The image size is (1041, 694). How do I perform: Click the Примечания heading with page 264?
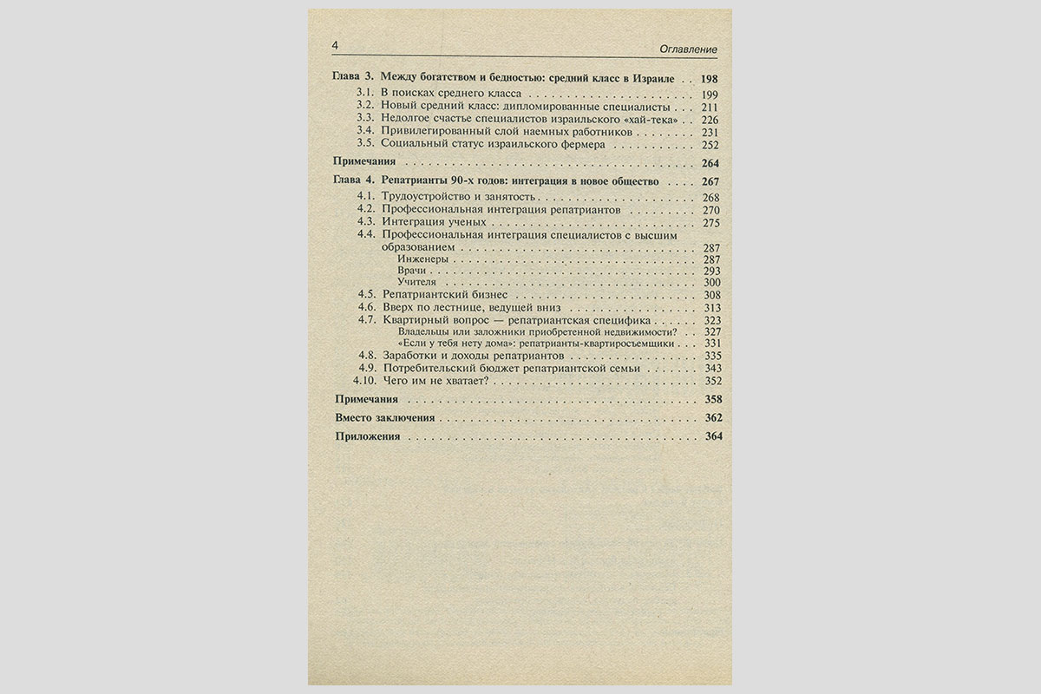point(365,162)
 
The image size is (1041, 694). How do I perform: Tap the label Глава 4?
point(354,181)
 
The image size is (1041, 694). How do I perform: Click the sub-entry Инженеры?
point(422,259)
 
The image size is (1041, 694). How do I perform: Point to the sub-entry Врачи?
point(411,271)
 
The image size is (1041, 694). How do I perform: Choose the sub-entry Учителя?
point(416,283)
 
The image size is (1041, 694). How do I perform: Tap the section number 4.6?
point(367,307)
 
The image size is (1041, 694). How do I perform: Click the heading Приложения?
point(368,437)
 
